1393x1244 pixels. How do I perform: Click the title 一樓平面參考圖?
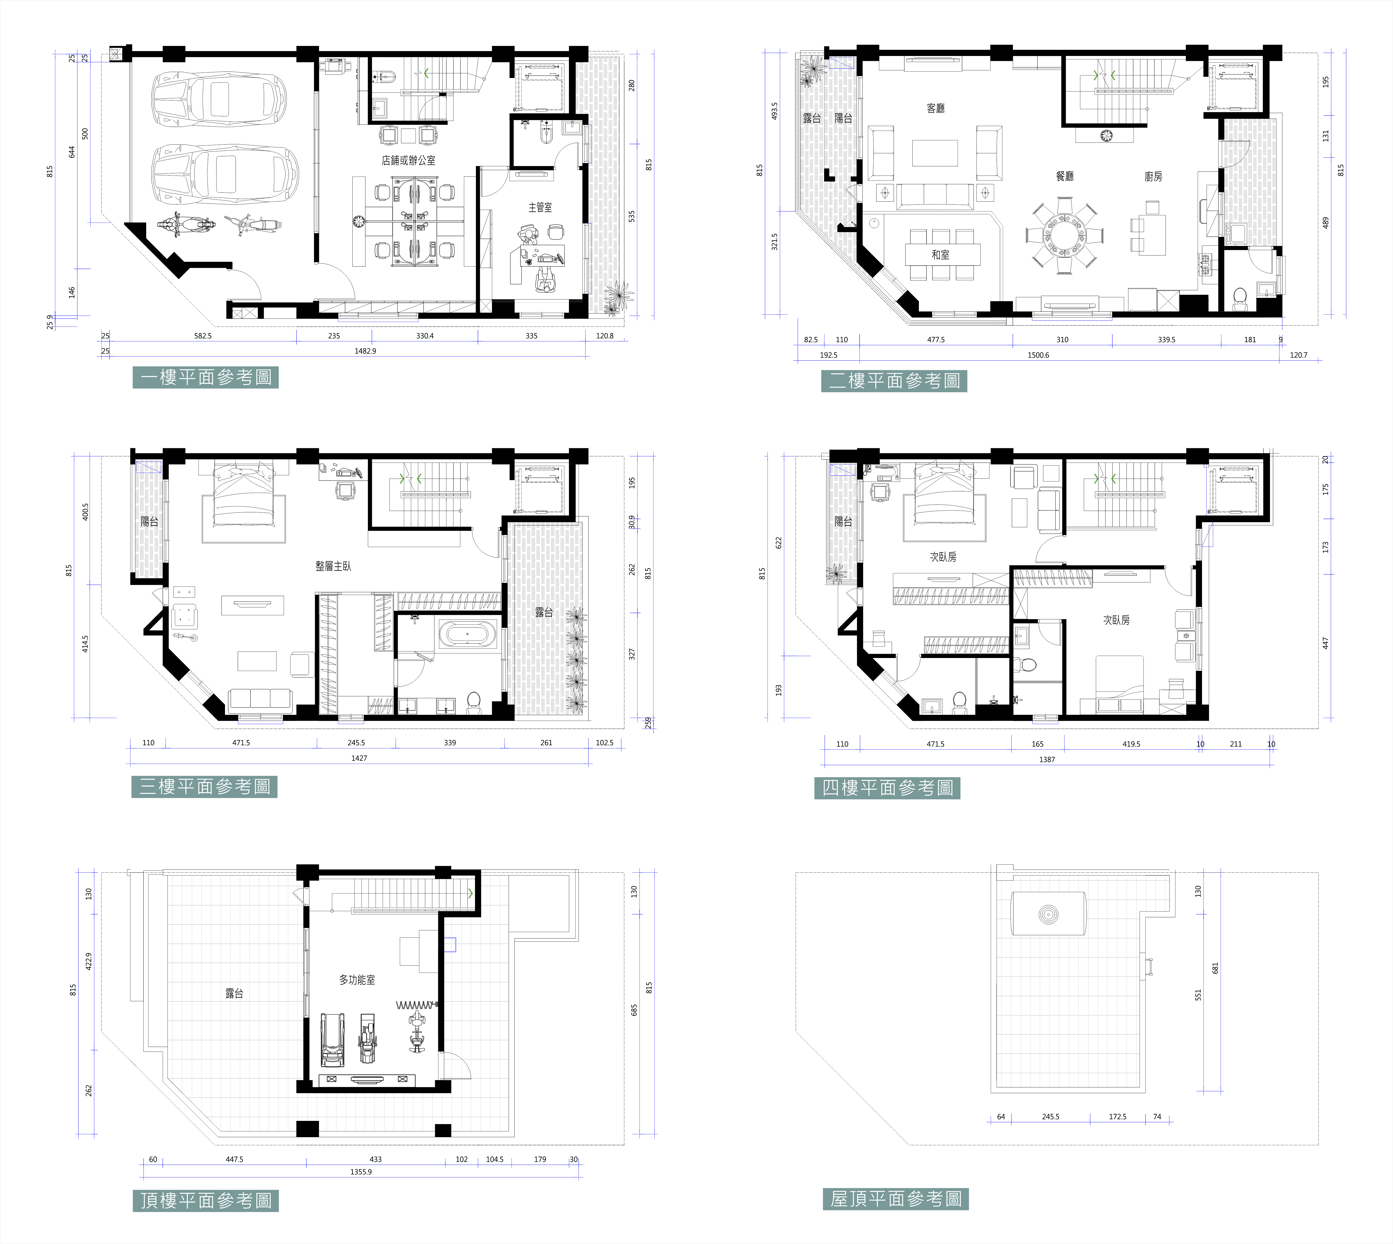pos(206,377)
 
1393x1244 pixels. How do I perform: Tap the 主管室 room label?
pos(540,207)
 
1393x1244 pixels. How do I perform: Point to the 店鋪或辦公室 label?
pos(409,161)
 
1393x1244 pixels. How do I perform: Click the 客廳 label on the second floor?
pos(936,108)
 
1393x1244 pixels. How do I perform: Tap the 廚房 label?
pos(1153,176)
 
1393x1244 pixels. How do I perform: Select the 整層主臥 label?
pos(333,566)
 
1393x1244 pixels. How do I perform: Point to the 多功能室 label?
pos(357,980)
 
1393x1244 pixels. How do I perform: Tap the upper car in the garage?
pos(219,100)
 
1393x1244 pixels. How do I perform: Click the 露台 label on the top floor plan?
pos(234,993)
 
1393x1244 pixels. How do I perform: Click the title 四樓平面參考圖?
pos(887,788)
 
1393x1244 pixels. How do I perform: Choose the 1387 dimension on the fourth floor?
pos(1047,759)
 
